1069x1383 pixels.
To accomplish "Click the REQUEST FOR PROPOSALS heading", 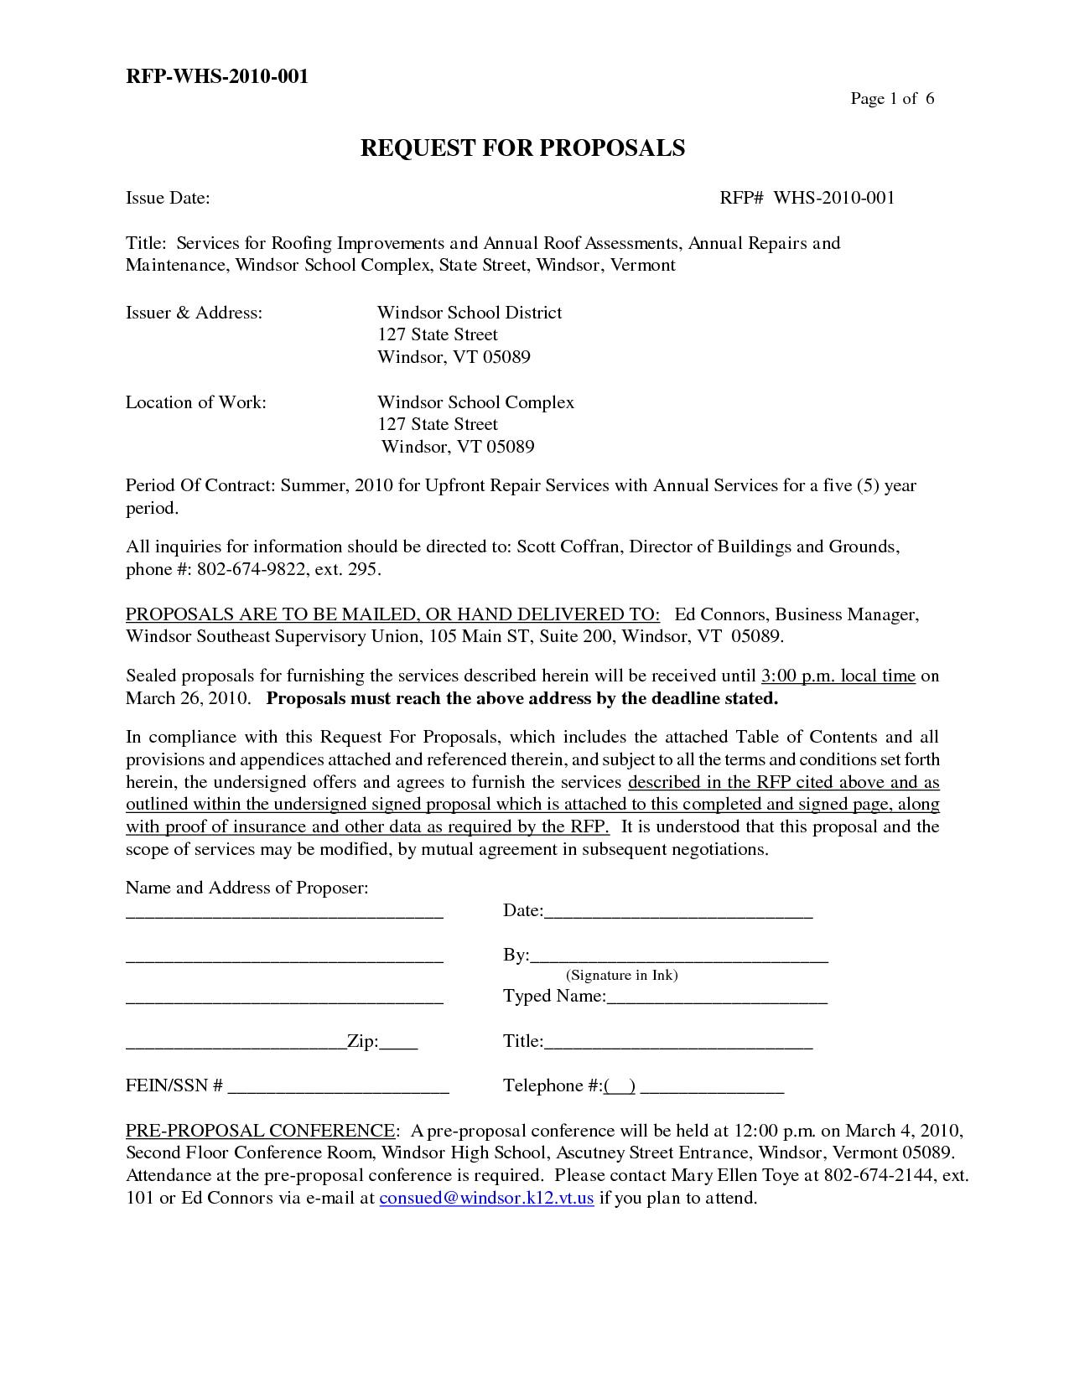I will tap(522, 148).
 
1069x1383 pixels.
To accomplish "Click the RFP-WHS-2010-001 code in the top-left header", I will tap(217, 76).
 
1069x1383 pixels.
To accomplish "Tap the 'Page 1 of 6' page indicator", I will tap(892, 99).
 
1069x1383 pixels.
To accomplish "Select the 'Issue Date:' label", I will tap(168, 198).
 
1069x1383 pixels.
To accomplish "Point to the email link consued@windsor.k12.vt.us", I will tap(486, 1198).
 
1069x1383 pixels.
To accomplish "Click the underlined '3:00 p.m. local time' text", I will tap(838, 676).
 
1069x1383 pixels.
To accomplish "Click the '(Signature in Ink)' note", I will tap(622, 975).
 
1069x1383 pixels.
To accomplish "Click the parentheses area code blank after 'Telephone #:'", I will tap(620, 1086).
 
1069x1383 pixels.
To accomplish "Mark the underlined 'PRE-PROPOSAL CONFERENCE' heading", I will tap(260, 1131).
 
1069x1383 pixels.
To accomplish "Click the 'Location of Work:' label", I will tap(196, 402).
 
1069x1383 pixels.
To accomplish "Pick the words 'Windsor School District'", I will tap(470, 313).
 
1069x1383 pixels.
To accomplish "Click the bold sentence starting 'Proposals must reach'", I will tap(522, 698).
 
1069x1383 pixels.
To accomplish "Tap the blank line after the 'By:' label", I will tap(679, 957).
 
